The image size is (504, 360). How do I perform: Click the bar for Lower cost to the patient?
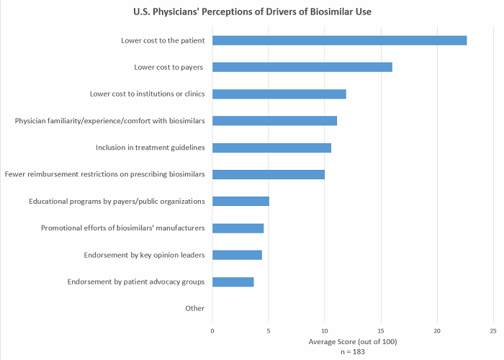(x=339, y=40)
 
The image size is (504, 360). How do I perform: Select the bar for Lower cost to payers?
(x=302, y=67)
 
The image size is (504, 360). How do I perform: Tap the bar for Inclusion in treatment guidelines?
(x=271, y=148)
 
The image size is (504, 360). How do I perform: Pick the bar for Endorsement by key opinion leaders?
(x=237, y=255)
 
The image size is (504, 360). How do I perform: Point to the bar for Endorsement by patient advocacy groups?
(x=233, y=282)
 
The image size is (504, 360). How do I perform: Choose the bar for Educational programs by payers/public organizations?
(x=240, y=201)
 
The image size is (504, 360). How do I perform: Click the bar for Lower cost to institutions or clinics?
(x=279, y=94)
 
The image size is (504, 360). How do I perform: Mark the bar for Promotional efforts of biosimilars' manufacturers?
(x=238, y=228)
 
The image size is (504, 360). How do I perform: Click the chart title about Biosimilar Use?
(x=252, y=12)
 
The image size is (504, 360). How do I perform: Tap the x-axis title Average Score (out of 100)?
(x=353, y=341)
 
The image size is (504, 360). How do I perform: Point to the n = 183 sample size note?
(x=353, y=351)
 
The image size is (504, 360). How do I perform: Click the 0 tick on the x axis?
(x=212, y=331)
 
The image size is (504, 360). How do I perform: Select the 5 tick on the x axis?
(x=269, y=331)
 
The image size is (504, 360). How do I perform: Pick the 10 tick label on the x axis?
(x=325, y=331)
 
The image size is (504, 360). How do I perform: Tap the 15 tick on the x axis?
(x=381, y=331)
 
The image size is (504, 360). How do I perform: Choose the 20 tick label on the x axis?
(x=437, y=331)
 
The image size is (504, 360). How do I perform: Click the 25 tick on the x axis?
(x=493, y=331)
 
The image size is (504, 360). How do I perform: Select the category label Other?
(x=194, y=308)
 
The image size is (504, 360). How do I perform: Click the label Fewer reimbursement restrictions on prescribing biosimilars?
(x=105, y=174)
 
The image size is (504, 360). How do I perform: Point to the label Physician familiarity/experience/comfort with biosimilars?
(x=109, y=120)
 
